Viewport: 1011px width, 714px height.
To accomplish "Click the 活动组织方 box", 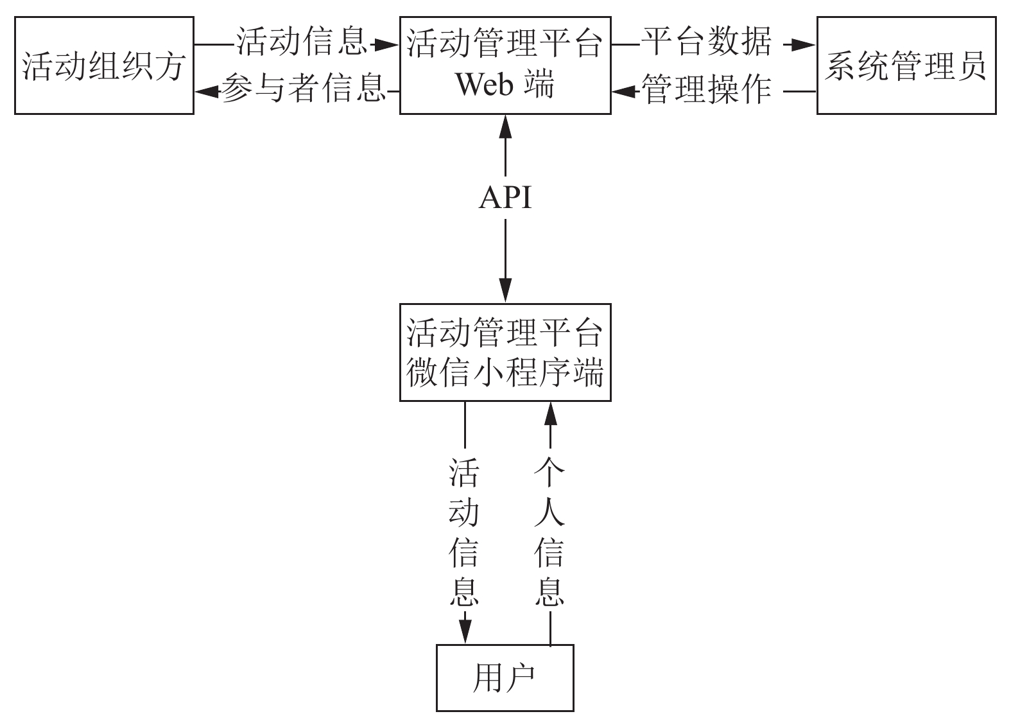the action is click(104, 65).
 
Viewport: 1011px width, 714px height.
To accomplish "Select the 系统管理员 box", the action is click(907, 65).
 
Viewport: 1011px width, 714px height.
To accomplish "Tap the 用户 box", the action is click(505, 677).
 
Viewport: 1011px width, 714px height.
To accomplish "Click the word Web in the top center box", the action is click(484, 84).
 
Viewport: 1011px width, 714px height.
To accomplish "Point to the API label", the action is click(505, 198).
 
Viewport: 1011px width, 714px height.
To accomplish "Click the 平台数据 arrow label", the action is click(707, 42).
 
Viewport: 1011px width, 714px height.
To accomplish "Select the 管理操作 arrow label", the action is click(707, 89).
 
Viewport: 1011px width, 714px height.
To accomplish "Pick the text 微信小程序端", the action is click(505, 372).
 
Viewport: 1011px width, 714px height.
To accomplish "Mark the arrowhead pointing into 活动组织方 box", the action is click(207, 92).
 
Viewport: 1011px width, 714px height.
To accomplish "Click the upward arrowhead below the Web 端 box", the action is click(505, 127).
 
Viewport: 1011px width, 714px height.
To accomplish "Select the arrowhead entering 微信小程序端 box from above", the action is click(505, 290).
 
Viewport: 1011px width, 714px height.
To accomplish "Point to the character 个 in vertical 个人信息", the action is click(549, 472).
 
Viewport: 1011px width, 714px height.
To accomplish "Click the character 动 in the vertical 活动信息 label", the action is click(464, 512).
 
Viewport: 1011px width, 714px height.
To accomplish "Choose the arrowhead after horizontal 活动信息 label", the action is click(386, 45).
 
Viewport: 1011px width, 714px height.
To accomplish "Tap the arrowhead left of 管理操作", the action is click(625, 92).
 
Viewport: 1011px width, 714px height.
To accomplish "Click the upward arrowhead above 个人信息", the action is click(550, 414).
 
